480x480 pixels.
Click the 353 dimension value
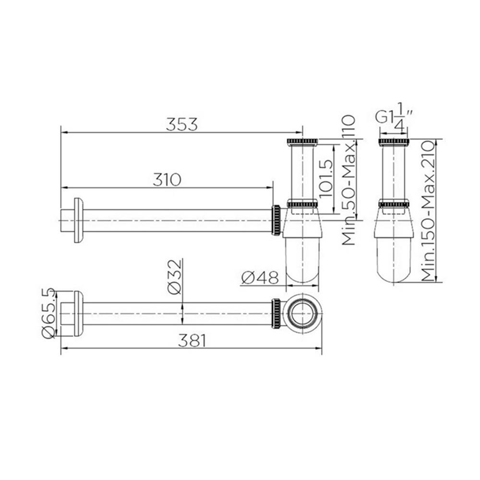coord(181,124)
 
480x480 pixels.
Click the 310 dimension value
coord(167,180)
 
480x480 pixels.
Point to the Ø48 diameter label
coord(260,277)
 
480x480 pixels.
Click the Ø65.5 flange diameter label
coord(49,313)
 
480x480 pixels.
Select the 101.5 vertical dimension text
coord(326,176)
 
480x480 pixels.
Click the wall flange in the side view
coord(77,220)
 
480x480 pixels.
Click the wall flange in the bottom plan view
coord(77,313)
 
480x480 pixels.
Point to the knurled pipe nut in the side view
coord(276,220)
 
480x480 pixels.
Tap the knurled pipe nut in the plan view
coord(276,313)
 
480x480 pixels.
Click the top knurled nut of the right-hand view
coord(394,142)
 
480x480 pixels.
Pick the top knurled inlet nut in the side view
coord(302,142)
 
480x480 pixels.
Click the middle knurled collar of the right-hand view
coord(394,204)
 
